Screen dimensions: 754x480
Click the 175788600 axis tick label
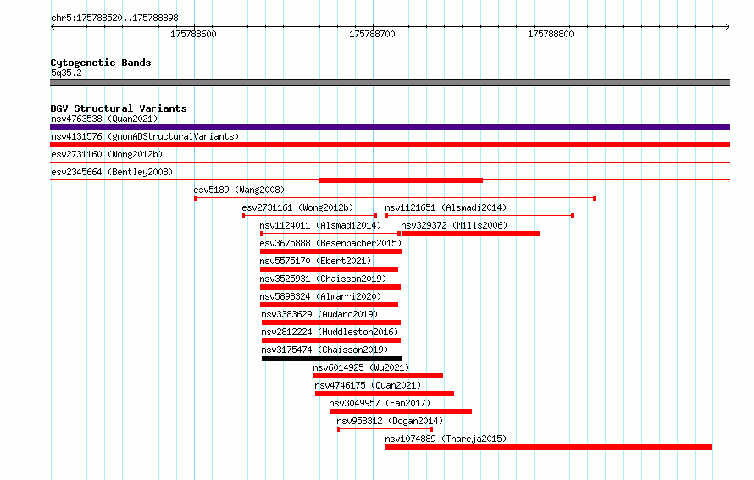[193, 34]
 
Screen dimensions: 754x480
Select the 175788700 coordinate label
[372, 34]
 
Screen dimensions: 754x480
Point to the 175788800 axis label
[551, 34]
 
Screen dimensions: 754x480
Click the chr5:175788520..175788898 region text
[114, 18]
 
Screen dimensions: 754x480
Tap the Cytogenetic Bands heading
[101, 63]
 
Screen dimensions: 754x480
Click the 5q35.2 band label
[66, 73]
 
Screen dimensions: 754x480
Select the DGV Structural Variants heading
[119, 108]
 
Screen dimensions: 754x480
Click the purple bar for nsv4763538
[390, 127]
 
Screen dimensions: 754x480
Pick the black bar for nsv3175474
[332, 358]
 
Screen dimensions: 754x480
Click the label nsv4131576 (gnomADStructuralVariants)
[145, 136]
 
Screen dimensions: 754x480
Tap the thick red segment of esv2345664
[401, 180]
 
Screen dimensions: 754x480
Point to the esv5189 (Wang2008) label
[239, 190]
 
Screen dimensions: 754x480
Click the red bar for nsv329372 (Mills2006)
[470, 234]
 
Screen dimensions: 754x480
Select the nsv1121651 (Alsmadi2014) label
[446, 207]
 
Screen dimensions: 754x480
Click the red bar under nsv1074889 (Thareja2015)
[548, 447]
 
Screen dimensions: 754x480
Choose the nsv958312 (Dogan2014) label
[390, 421]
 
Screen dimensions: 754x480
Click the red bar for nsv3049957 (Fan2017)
[401, 411]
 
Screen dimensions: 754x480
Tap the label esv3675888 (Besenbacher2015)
[330, 243]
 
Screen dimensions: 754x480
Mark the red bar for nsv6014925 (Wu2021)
[378, 376]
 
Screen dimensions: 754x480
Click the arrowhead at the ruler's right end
[729, 27]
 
